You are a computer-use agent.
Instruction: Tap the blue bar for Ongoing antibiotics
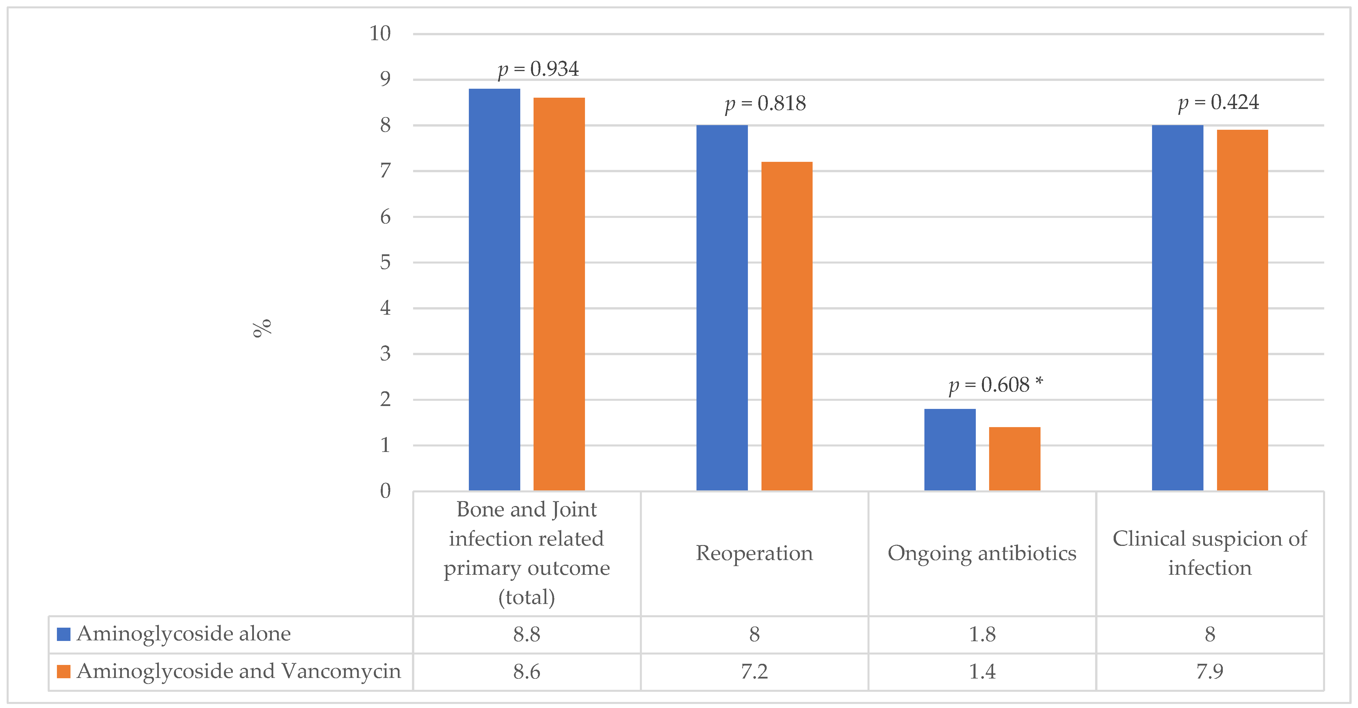pos(950,450)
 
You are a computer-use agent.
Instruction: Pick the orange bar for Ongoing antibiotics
pos(1014,459)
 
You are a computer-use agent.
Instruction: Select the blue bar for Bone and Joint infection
pos(494,290)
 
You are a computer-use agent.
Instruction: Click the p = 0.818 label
pos(766,104)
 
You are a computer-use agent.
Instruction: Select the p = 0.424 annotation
pos(1218,102)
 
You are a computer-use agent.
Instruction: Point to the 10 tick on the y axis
pos(380,34)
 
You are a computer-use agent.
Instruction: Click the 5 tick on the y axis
pos(385,262)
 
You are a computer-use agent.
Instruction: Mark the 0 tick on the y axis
pos(385,491)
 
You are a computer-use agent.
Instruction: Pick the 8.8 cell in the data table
pos(527,634)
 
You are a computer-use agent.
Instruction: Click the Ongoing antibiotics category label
pos(982,553)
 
